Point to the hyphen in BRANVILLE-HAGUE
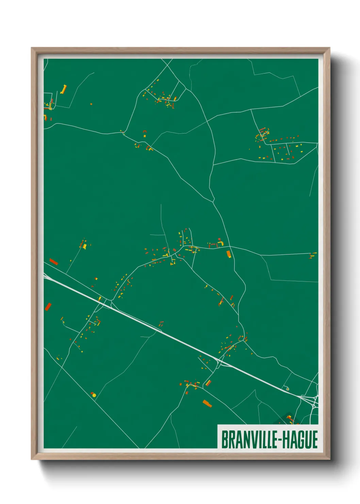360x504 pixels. pyautogui.click(x=278, y=440)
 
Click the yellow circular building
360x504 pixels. pyautogui.click(x=94, y=395)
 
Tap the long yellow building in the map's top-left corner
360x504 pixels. pyautogui.click(x=63, y=90)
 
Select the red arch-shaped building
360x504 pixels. pyautogui.click(x=145, y=131)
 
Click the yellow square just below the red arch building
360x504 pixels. pyautogui.click(x=144, y=136)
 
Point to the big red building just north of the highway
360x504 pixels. pyautogui.click(x=54, y=262)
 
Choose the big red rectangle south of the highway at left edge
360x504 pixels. pyautogui.click(x=48, y=306)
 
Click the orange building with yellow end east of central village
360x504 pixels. pyautogui.click(x=229, y=254)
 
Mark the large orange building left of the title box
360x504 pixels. pyautogui.click(x=207, y=404)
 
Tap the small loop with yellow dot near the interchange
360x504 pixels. pyautogui.click(x=288, y=388)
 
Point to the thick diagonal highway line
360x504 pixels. pyautogui.click(x=170, y=334)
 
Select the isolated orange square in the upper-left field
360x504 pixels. pyautogui.click(x=91, y=104)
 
